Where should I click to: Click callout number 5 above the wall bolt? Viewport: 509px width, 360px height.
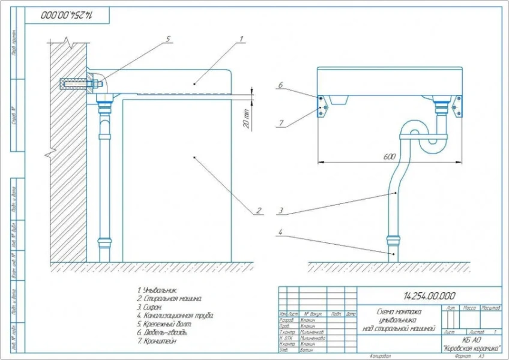(169, 39)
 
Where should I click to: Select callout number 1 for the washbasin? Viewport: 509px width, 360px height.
(240, 39)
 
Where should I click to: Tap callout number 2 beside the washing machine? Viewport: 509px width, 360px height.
(258, 210)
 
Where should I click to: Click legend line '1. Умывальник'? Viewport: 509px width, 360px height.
(157, 290)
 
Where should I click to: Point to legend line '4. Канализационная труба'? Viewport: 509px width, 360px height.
(175, 315)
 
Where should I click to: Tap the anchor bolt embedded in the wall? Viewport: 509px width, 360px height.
(75, 83)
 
